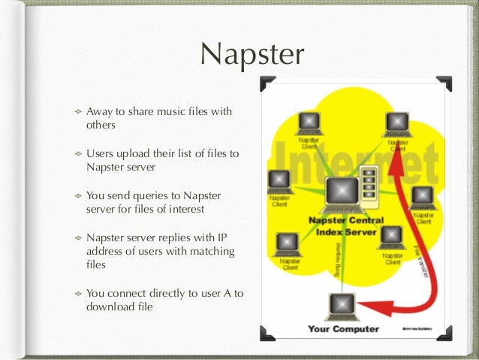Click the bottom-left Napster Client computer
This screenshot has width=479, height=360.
click(x=288, y=243)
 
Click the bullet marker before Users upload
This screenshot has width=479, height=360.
click(x=76, y=154)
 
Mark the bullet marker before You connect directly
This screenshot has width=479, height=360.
click(x=76, y=293)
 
